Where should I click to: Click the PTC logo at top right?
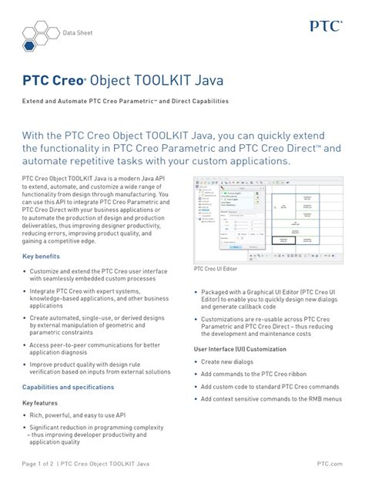point(326,25)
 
